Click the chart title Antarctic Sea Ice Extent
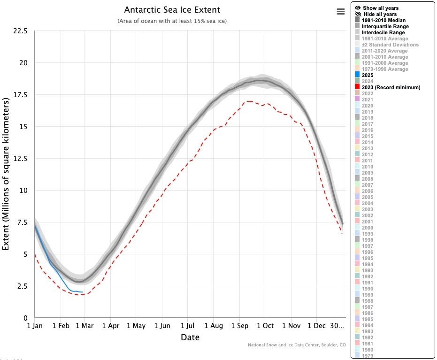tap(172, 10)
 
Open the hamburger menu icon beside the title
tap(341, 12)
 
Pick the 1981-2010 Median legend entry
tap(383, 20)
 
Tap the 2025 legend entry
tap(368, 75)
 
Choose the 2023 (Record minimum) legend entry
tap(391, 87)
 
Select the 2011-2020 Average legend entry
tap(384, 51)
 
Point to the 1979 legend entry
tap(368, 355)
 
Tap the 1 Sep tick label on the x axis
tap(240, 325)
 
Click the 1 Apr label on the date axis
tap(110, 325)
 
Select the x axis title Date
tap(190, 337)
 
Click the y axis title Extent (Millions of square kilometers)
tap(7, 174)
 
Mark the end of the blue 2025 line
tap(83, 292)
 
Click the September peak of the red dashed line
tap(248, 101)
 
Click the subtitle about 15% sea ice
tap(172, 22)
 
